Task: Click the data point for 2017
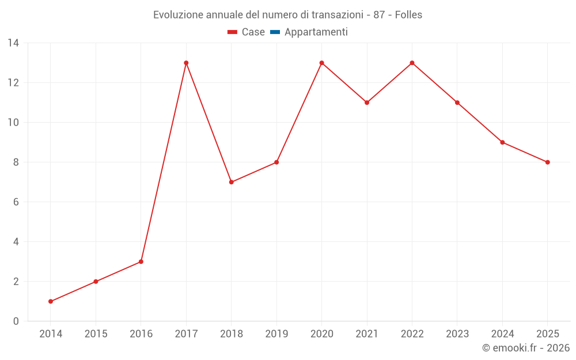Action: [186, 63]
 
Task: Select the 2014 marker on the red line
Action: [51, 301]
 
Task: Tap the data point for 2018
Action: [231, 182]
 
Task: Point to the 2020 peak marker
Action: [321, 63]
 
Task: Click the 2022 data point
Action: [412, 63]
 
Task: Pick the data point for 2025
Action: [547, 162]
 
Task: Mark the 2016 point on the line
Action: [141, 262]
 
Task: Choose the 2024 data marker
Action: [502, 142]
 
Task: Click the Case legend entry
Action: [247, 32]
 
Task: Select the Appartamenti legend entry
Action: [309, 32]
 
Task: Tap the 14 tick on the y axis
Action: [13, 43]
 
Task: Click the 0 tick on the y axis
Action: [16, 321]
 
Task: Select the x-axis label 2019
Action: [276, 334]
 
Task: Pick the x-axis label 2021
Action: [367, 334]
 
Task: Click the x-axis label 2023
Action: [457, 334]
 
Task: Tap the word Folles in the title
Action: [408, 15]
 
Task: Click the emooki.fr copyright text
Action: [525, 348]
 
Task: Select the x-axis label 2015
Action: [96, 334]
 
